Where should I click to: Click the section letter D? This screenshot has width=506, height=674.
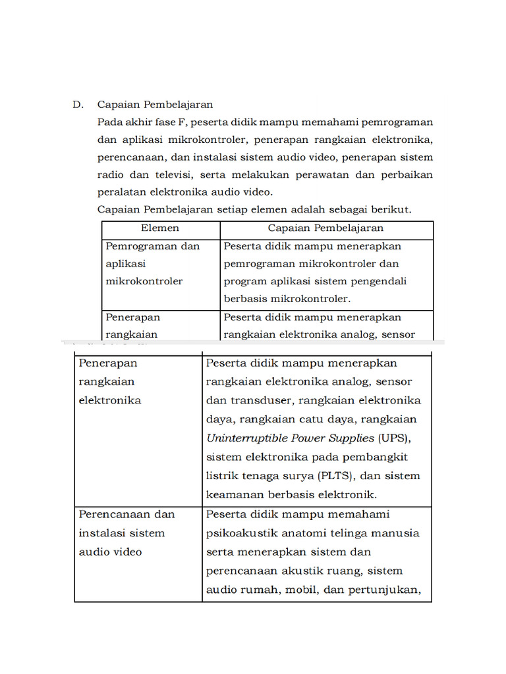click(x=76, y=105)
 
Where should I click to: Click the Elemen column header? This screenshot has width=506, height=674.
click(x=159, y=228)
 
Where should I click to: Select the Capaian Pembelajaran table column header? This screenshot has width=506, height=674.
click(x=325, y=228)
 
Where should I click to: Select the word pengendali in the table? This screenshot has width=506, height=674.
click(x=378, y=281)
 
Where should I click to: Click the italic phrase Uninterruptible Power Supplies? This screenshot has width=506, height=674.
click(x=291, y=438)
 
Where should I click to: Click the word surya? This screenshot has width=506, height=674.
click(x=296, y=476)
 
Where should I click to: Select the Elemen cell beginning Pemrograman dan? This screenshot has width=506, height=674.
click(x=152, y=263)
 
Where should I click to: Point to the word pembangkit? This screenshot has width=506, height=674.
click(x=385, y=457)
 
